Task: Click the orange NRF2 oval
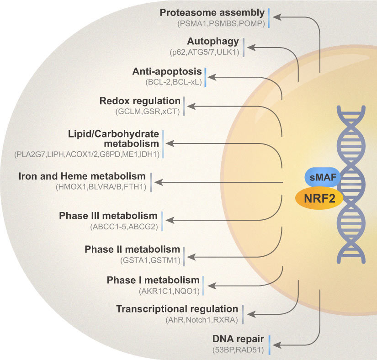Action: click(319, 198)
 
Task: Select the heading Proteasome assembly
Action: click(212, 13)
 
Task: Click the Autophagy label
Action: click(213, 41)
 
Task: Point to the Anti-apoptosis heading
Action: click(167, 71)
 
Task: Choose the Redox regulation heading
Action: click(140, 101)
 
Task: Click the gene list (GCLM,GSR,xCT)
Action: click(148, 111)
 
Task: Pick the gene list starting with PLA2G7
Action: click(87, 154)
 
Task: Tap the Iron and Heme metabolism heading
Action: click(82, 176)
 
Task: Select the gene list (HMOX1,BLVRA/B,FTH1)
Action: click(101, 187)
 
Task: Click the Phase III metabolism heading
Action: click(108, 216)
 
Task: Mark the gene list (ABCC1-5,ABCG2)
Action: click(124, 227)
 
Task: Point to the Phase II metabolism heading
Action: click(132, 249)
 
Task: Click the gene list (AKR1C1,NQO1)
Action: click(169, 291)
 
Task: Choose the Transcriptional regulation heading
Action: click(177, 309)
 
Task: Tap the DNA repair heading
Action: click(238, 339)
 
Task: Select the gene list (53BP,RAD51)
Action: click(238, 349)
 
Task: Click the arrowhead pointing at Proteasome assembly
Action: click(277, 17)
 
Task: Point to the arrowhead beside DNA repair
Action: click(277, 345)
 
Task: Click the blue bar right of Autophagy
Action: click(244, 48)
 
